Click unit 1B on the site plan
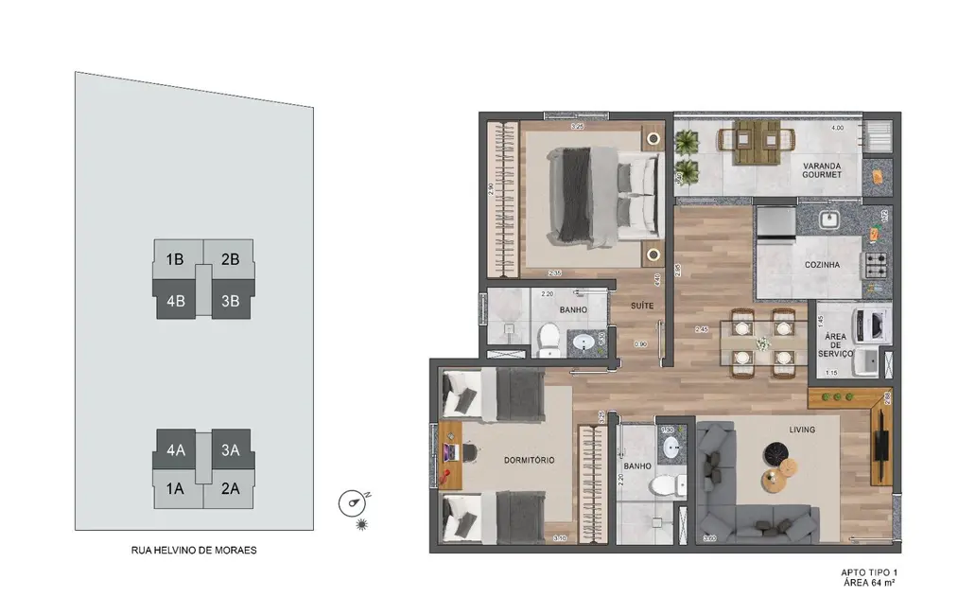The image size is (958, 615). pyautogui.click(x=175, y=258)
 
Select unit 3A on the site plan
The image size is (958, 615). pyautogui.click(x=231, y=450)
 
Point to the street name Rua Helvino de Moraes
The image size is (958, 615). pyautogui.click(x=193, y=549)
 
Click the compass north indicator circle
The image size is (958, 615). pyautogui.click(x=351, y=502)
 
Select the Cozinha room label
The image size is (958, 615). pyautogui.click(x=822, y=265)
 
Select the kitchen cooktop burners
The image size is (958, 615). pyautogui.click(x=876, y=261)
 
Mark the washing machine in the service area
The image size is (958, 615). pyautogui.click(x=871, y=323)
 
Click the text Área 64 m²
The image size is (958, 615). pyautogui.click(x=867, y=584)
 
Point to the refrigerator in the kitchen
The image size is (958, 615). pyautogui.click(x=775, y=222)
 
